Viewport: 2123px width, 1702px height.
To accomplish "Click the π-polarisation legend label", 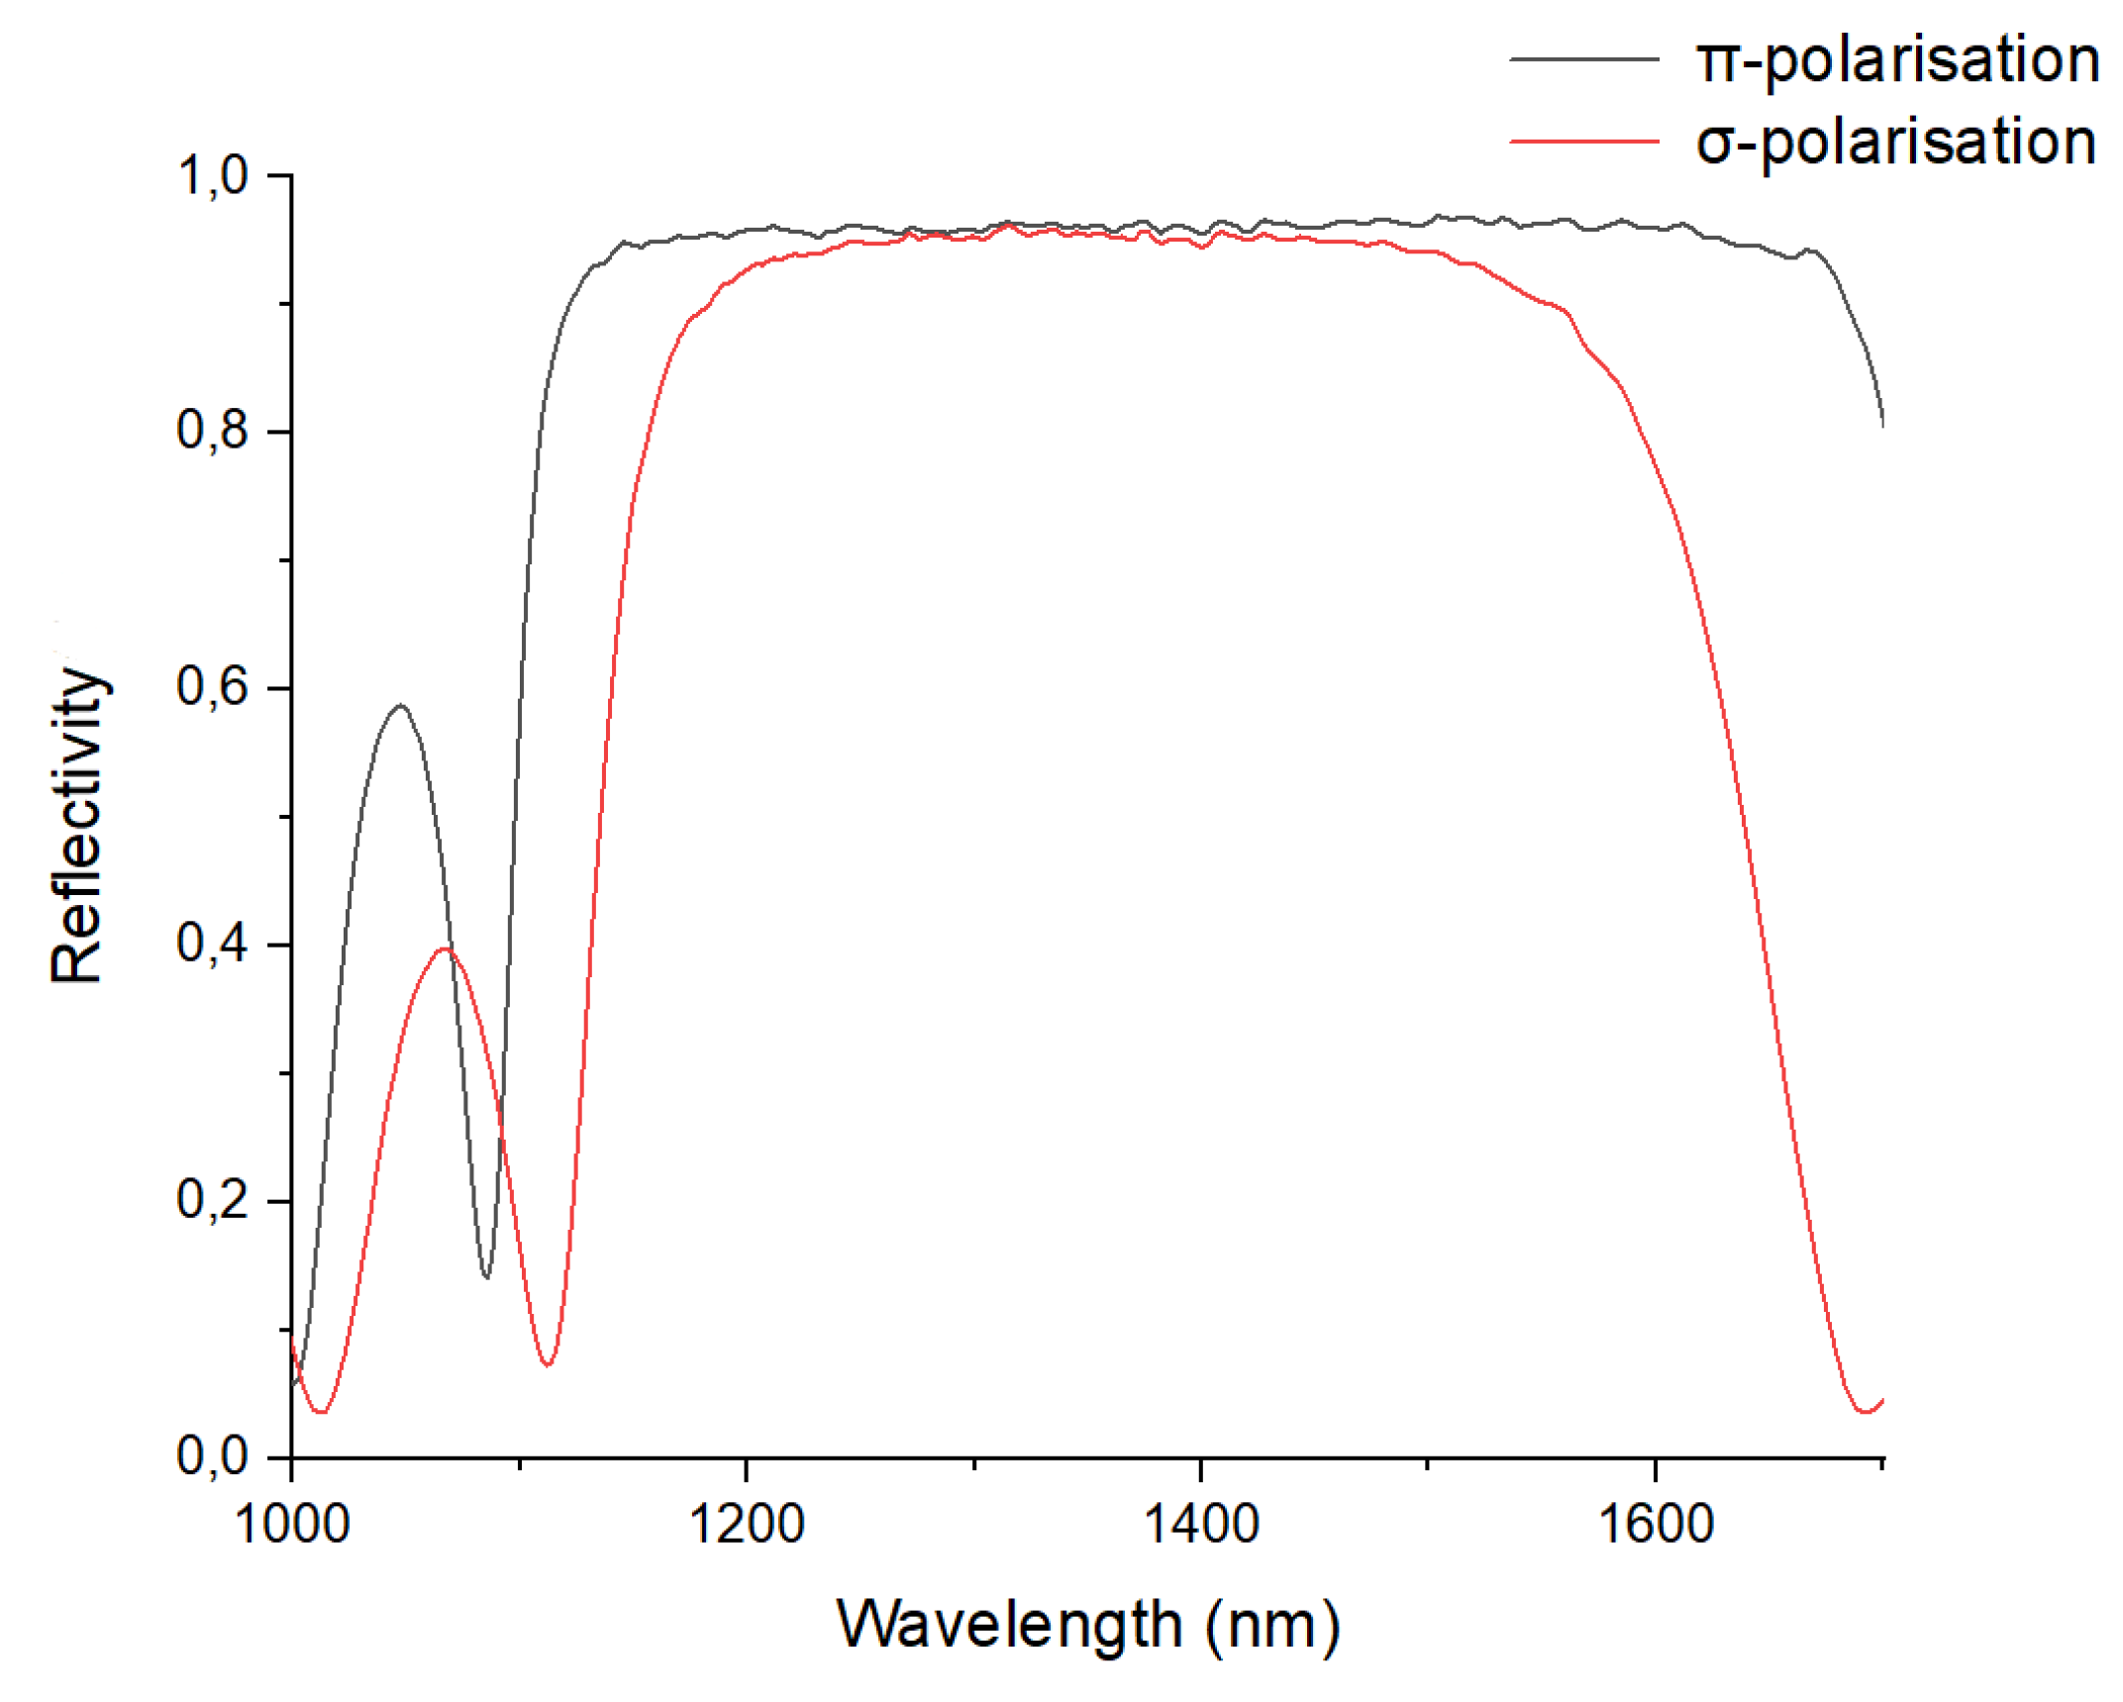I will (1895, 61).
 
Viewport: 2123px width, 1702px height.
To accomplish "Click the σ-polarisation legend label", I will (1893, 143).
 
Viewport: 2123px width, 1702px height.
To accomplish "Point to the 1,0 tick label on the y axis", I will (212, 176).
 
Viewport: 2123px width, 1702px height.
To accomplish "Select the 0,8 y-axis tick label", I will (212, 432).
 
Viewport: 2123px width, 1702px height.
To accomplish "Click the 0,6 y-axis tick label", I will (212, 687).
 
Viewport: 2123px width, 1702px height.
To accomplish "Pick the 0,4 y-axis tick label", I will (212, 944).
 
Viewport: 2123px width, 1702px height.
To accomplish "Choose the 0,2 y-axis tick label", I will (212, 1200).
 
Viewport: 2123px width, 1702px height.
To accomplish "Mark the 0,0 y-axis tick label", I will (212, 1456).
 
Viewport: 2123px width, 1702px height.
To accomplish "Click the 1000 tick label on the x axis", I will (291, 1525).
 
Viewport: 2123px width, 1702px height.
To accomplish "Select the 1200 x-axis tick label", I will (745, 1525).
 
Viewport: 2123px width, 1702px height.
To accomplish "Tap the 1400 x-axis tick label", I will (1199, 1525).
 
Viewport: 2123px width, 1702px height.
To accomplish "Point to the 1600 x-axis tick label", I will (1654, 1525).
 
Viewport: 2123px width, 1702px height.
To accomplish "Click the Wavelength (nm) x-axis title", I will (1087, 1626).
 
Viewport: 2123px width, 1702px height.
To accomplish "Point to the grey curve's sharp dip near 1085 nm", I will (485, 1276).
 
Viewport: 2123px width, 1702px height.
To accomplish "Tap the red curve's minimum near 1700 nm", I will (1865, 1411).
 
